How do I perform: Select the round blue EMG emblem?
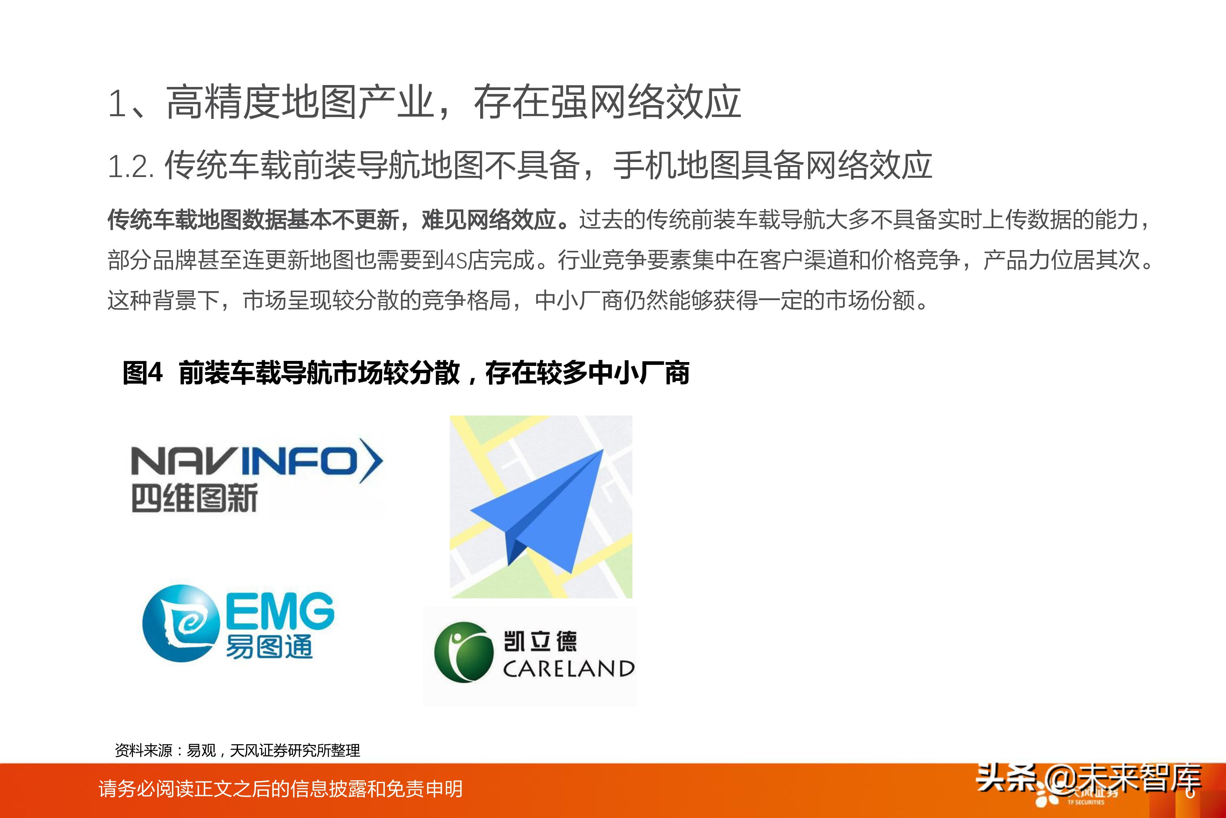pos(180,623)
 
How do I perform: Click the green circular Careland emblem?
pos(463,652)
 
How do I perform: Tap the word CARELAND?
pos(568,669)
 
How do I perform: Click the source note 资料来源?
pos(143,751)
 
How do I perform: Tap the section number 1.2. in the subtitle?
pos(130,167)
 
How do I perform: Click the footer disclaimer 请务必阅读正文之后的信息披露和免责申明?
pos(280,789)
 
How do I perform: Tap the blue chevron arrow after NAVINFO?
pos(371,461)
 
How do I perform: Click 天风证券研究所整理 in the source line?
pos(294,751)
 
